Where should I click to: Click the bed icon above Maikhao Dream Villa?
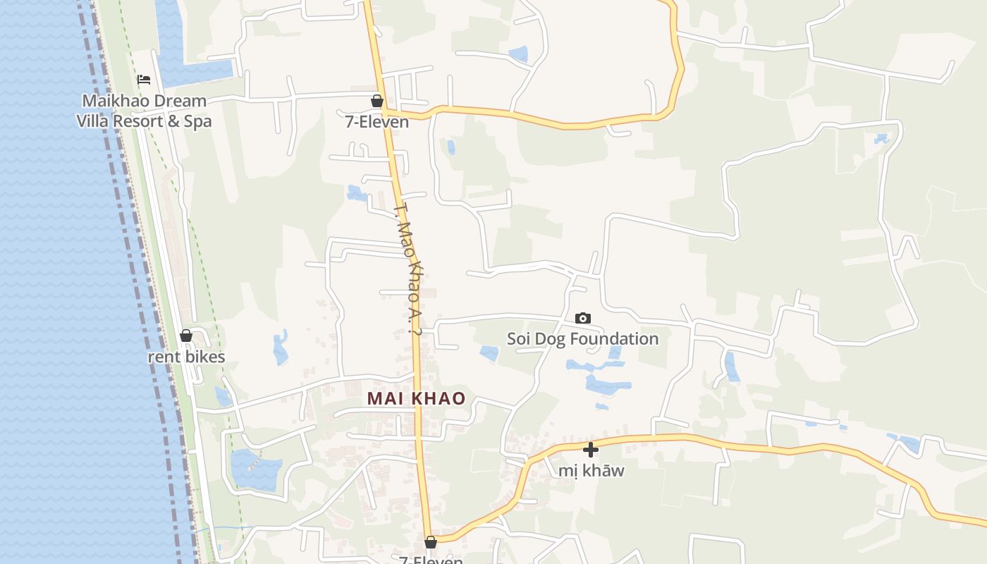(x=144, y=80)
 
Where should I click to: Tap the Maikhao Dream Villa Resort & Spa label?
(x=144, y=111)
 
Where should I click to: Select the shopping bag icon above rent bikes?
(x=186, y=336)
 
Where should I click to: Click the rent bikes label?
(x=186, y=357)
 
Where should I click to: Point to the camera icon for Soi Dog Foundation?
(x=583, y=319)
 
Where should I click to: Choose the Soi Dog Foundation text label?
(x=583, y=339)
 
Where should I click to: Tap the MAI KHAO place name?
(x=416, y=398)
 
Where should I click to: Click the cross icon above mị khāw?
(x=591, y=450)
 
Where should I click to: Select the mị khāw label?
(x=591, y=470)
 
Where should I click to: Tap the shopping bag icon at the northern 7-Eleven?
(x=377, y=101)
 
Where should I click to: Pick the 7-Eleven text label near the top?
(x=377, y=122)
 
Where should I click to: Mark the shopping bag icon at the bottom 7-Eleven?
(x=431, y=542)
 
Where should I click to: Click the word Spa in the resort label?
(x=198, y=121)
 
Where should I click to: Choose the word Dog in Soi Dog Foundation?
(x=551, y=339)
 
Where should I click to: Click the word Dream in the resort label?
(x=180, y=102)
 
